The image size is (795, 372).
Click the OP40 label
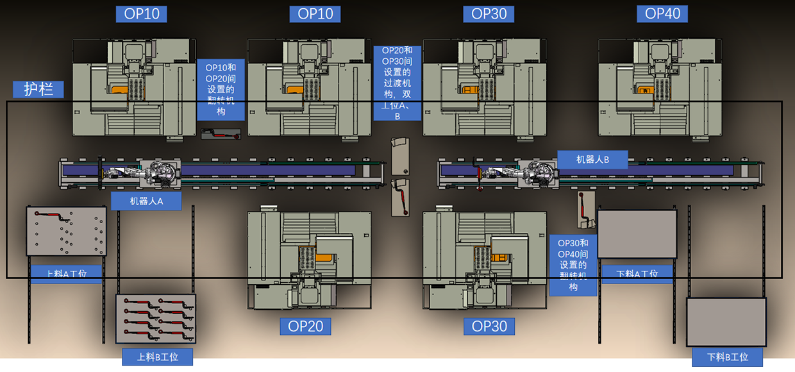tap(662, 13)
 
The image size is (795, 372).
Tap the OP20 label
tap(306, 326)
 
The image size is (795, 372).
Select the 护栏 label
tap(38, 89)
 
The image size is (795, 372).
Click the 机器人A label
tap(146, 201)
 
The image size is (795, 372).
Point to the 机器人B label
tap(592, 160)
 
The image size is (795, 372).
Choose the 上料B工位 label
tap(157, 357)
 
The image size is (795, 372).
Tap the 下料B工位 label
tap(727, 357)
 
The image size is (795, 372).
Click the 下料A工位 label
tap(637, 273)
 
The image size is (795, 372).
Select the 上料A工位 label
tap(67, 273)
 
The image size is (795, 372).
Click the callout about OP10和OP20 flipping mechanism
tap(221, 89)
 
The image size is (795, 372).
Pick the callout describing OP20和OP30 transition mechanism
tap(397, 83)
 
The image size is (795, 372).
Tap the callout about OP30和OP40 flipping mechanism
tap(573, 264)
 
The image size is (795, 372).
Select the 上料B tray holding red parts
tap(155, 318)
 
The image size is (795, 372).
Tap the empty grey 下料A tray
tap(637, 234)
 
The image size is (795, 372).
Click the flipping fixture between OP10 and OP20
tap(220, 134)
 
